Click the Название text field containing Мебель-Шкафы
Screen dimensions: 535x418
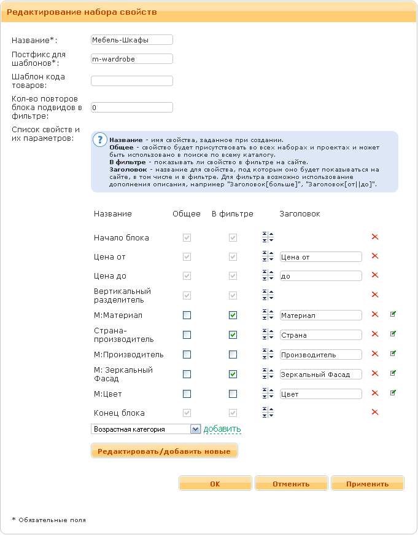pos(131,39)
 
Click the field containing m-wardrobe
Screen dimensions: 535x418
pos(131,59)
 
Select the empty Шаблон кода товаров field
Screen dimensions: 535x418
pos(131,81)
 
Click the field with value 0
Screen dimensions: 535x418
pos(131,108)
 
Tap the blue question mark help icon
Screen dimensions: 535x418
pos(99,139)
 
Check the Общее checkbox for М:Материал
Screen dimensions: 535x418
pos(187,315)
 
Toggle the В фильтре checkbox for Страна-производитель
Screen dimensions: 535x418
pos(233,335)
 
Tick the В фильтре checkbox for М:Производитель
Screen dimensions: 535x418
pos(233,355)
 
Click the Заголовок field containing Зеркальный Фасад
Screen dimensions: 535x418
pos(320,374)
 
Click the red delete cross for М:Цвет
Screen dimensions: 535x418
pos(375,394)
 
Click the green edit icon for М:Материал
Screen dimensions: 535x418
pos(393,315)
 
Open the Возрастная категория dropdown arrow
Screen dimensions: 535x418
pos(195,429)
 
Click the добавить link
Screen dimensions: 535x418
pos(222,429)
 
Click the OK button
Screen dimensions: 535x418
pos(215,484)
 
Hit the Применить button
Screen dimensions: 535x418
pos(367,484)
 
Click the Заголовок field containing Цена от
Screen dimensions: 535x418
pos(320,256)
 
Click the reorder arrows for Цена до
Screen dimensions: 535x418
pos(268,276)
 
